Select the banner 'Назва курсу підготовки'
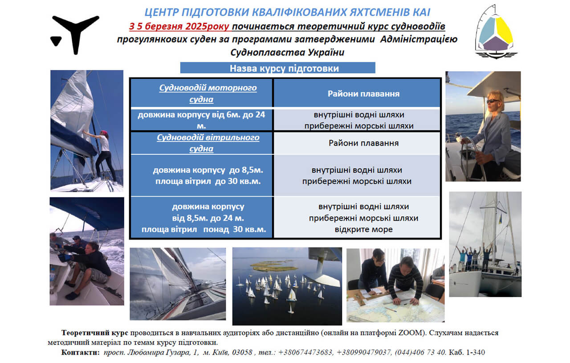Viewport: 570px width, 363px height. (x=277, y=68)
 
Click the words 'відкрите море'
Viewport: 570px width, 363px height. (x=364, y=230)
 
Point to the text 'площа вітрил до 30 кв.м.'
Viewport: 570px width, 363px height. (x=208, y=181)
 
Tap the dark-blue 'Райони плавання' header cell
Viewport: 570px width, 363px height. (x=363, y=94)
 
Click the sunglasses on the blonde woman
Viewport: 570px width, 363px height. (x=492, y=101)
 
